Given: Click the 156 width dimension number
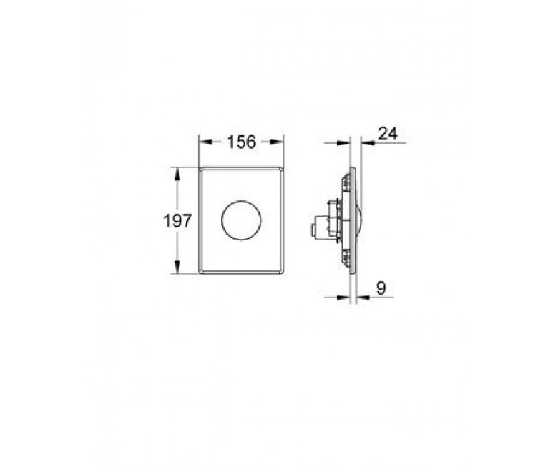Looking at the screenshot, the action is (242, 142).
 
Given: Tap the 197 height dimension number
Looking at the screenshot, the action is (177, 221).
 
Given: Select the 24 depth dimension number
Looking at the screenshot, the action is (388, 134).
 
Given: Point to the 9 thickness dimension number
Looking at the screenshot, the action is (381, 288).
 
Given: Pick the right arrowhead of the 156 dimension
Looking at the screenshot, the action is (278, 142).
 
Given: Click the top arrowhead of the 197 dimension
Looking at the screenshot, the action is (177, 174).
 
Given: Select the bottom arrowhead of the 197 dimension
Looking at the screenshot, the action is (177, 267).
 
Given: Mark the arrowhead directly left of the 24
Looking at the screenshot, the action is (367, 142).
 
